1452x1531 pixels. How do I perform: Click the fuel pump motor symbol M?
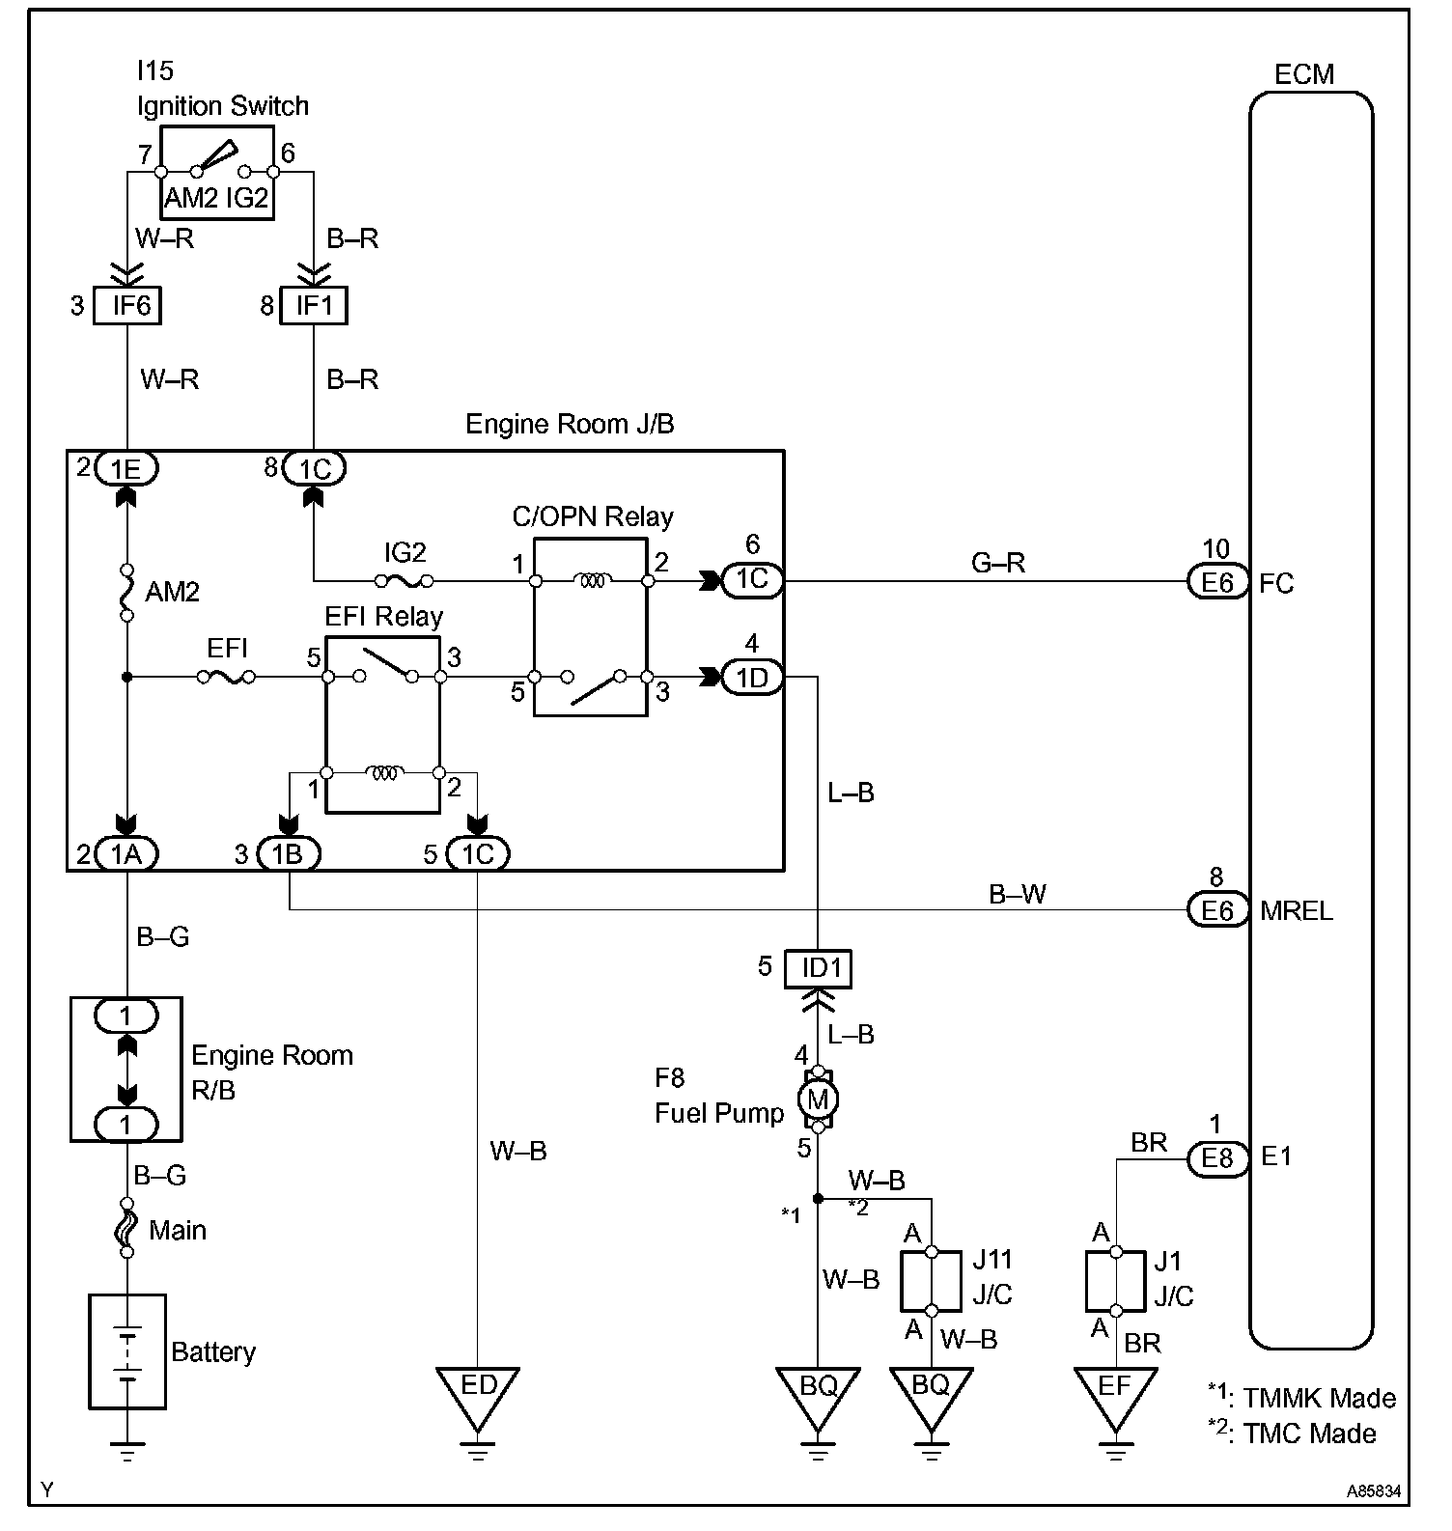pos(818,1099)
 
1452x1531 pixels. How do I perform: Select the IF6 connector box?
pos(126,306)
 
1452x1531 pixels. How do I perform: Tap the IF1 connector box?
pos(314,306)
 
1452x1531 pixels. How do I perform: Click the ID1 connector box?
pos(818,968)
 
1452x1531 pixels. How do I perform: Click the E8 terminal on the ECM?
pos(1217,1158)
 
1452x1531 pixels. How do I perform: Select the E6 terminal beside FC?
pos(1217,582)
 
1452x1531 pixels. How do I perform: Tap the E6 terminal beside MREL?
pos(1217,910)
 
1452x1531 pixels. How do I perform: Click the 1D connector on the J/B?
pos(752,679)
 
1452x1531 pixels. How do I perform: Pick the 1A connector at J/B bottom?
pos(126,854)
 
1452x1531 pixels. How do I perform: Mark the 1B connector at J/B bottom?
pos(289,854)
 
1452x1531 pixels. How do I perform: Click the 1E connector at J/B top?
pos(126,468)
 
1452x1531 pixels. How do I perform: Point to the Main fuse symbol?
pos(126,1229)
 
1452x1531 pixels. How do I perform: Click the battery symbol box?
pos(127,1350)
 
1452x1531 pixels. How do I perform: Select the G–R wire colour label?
pos(998,563)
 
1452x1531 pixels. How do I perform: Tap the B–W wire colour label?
pos(1017,894)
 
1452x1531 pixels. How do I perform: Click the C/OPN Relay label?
pos(592,516)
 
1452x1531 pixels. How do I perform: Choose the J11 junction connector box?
pos(932,1281)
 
